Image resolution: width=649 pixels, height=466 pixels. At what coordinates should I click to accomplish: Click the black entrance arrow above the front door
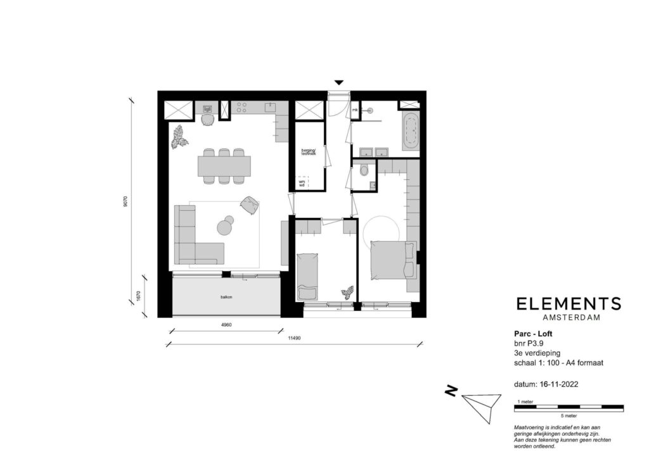[339, 82]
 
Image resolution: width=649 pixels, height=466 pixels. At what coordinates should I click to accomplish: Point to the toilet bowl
[364, 170]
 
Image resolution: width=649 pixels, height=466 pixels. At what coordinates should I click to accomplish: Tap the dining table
[224, 166]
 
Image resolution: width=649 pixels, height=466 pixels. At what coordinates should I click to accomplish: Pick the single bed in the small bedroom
[308, 276]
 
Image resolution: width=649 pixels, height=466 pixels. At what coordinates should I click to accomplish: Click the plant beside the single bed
[347, 292]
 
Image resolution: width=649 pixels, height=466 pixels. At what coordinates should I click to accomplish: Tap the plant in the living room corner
[179, 137]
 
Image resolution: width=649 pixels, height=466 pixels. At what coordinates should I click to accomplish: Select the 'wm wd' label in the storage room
[302, 184]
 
